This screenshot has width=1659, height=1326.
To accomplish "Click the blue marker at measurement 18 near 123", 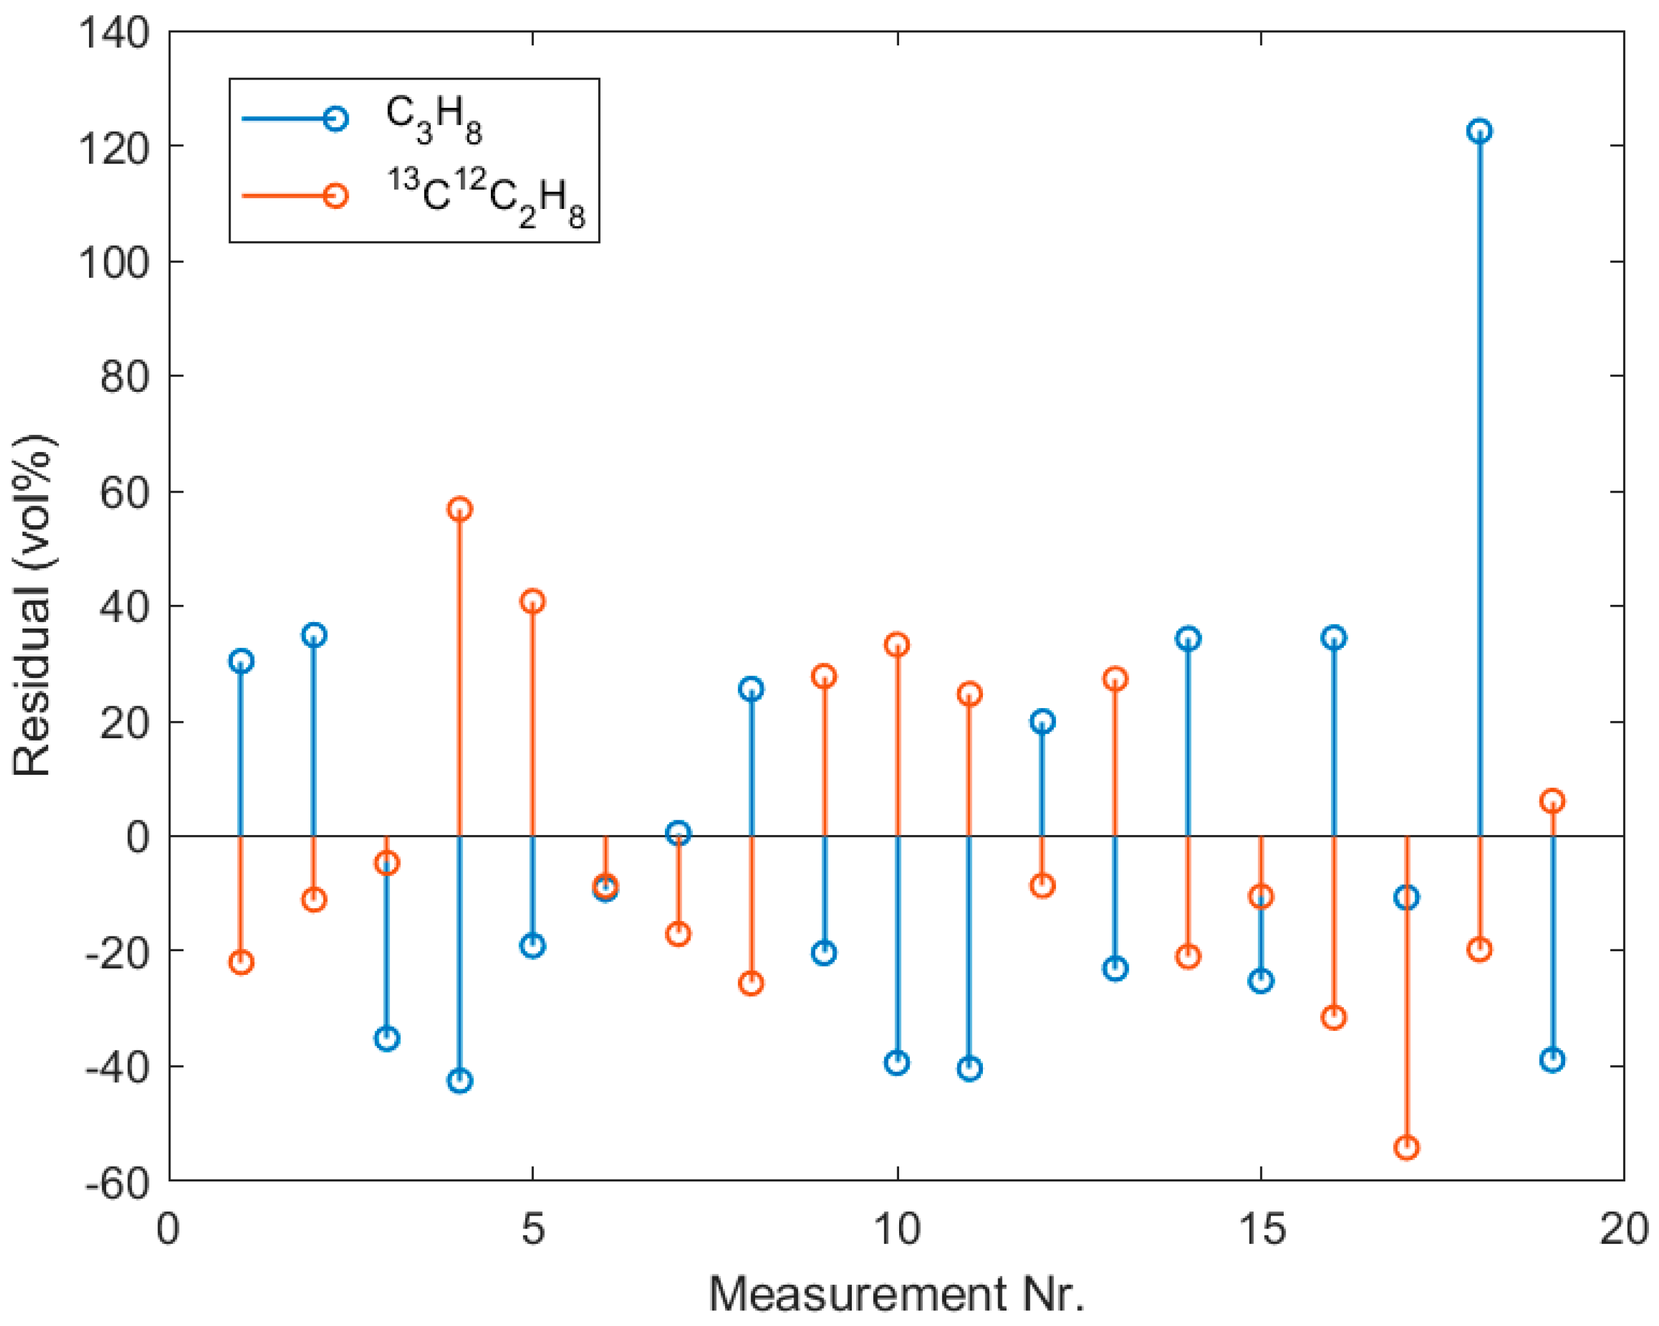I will click(1479, 131).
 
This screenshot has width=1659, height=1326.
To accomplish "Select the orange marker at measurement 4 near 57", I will click(460, 509).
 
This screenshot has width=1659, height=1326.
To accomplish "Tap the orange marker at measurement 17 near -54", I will click(1406, 1147).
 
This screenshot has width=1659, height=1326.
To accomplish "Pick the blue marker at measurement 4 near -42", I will click(460, 1081).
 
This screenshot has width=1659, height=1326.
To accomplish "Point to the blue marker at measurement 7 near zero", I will click(678, 833).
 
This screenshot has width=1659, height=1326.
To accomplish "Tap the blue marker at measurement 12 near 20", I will click(1042, 721).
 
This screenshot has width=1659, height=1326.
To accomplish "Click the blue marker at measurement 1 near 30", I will click(241, 661).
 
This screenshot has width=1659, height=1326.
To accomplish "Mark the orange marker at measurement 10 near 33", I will click(896, 645).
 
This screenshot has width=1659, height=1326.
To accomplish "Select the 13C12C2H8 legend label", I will click(486, 198).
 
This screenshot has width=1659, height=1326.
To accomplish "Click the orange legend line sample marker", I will click(335, 195).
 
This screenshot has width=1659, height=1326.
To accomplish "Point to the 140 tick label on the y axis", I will click(114, 34).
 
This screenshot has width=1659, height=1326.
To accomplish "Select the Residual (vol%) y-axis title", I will click(32, 605).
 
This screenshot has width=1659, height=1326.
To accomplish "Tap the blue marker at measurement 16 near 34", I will click(1333, 638).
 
